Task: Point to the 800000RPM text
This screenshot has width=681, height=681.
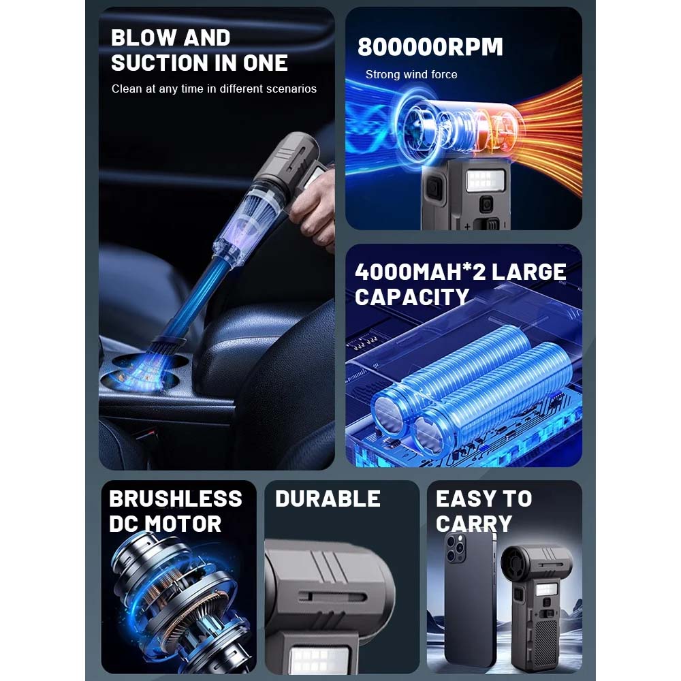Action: [430, 47]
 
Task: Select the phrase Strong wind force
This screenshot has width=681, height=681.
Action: [411, 74]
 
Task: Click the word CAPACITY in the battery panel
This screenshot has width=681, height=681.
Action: [412, 298]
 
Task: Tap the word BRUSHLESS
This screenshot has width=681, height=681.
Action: [176, 498]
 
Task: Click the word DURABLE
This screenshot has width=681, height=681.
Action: [328, 498]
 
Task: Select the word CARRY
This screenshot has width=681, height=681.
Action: [474, 524]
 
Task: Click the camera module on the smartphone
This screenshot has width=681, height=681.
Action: [456, 548]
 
